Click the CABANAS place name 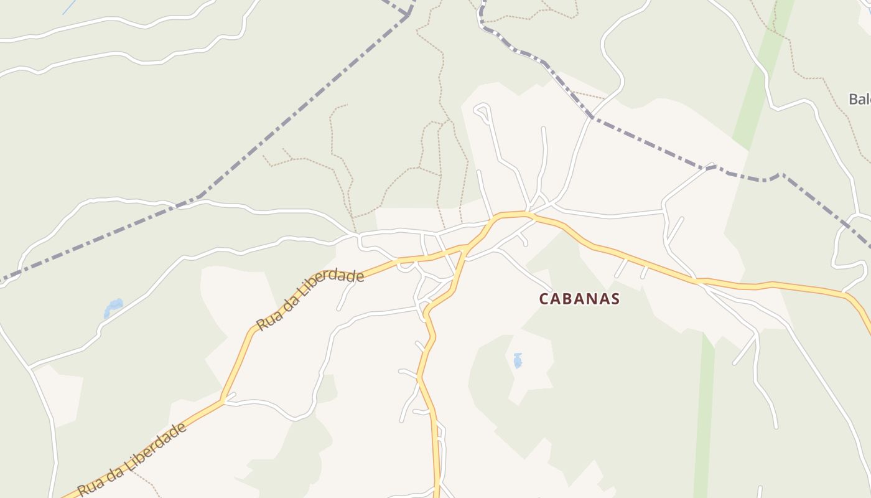click(579, 299)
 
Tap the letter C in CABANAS click(543, 299)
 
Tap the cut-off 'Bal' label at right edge click(860, 99)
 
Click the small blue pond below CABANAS click(518, 360)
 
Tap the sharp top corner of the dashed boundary click(409, 14)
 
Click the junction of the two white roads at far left click(29, 367)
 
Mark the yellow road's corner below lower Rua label click(222, 400)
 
